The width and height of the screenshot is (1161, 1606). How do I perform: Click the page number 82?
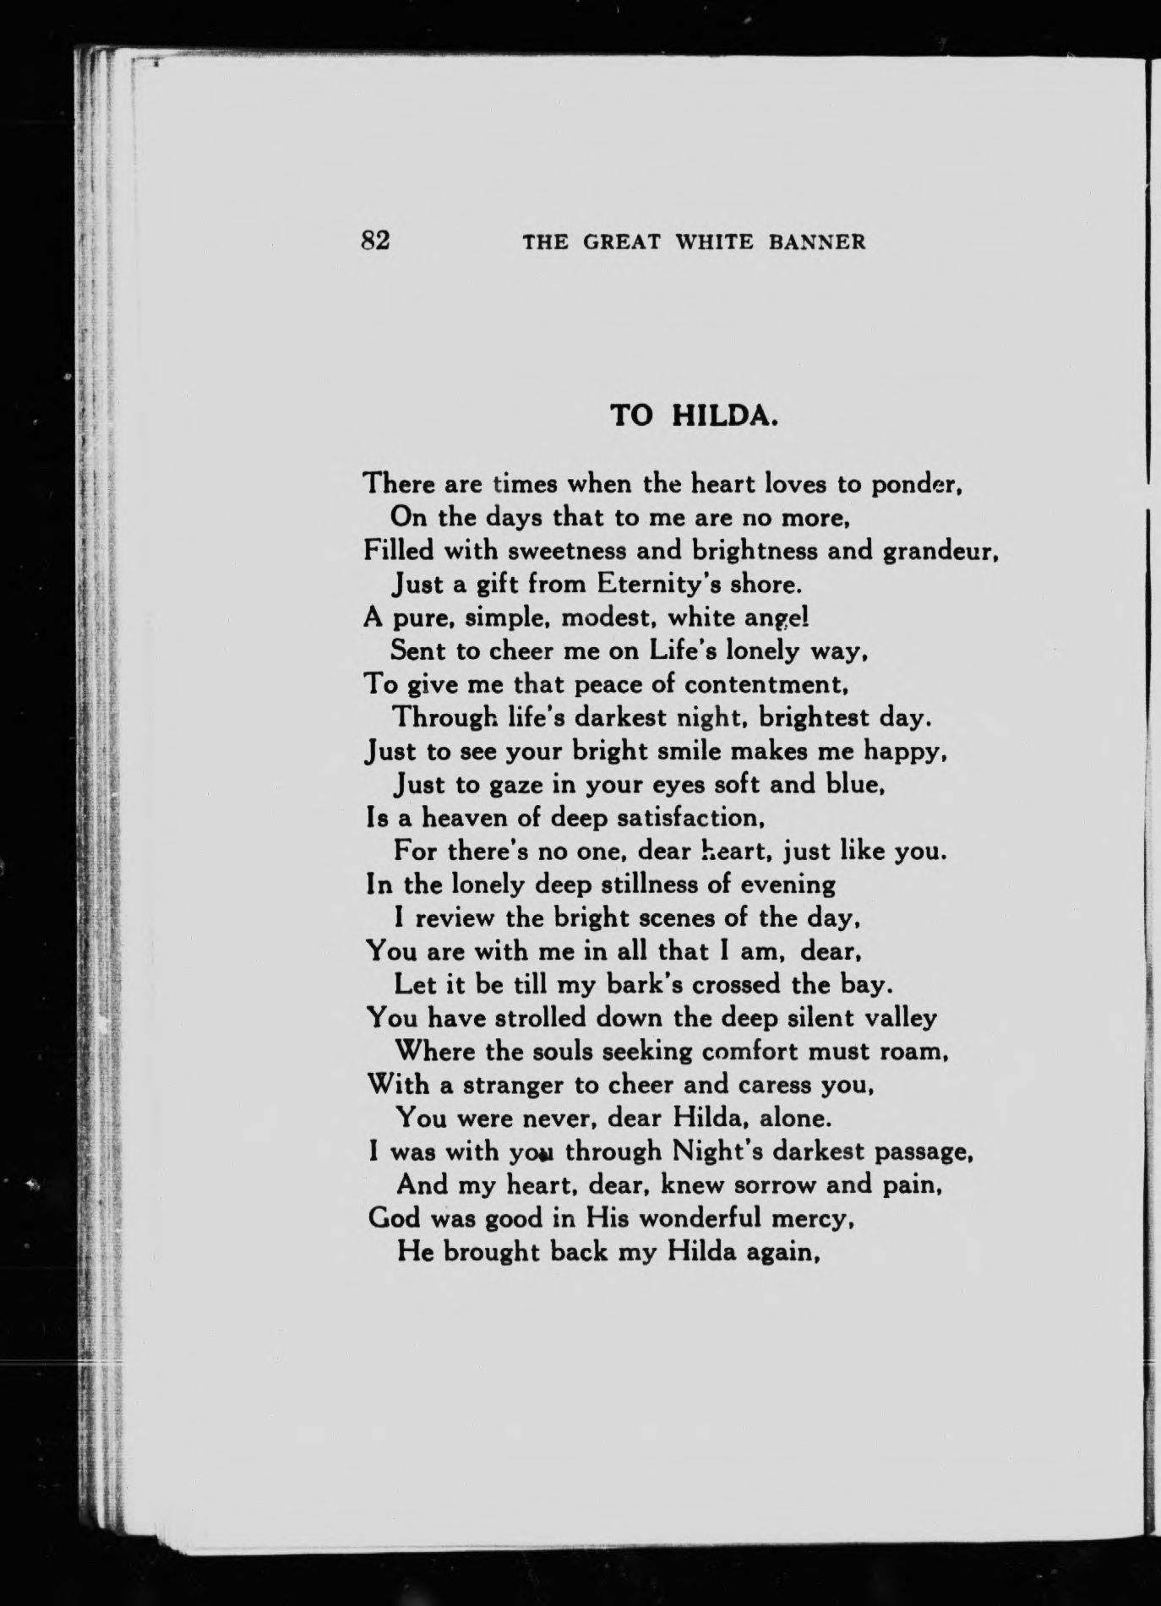coord(374,241)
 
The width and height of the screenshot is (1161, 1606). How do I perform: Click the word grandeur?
coord(940,552)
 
